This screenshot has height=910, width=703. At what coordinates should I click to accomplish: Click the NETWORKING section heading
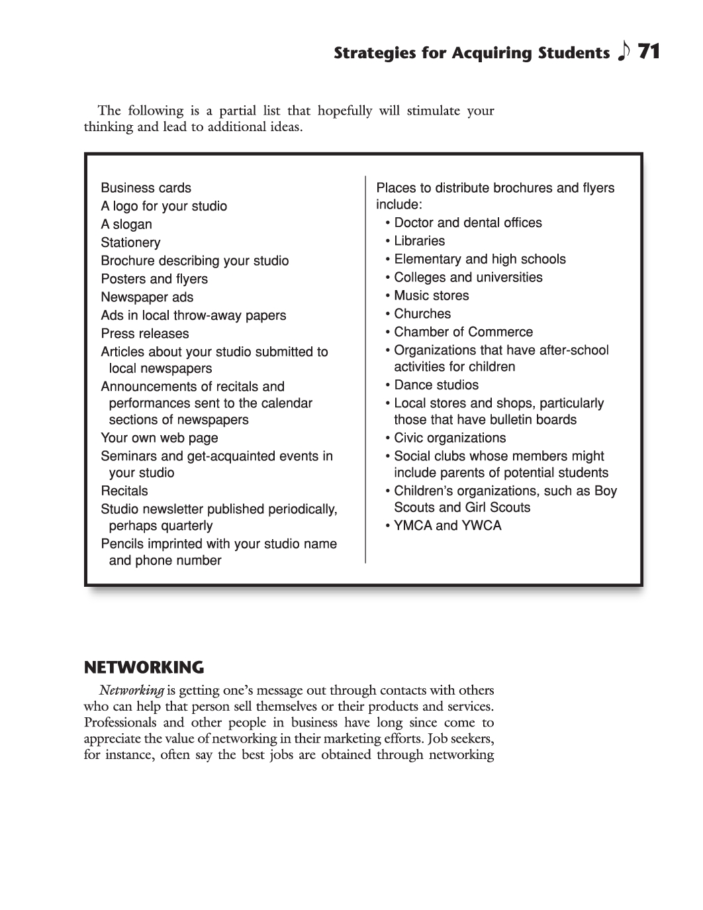pos(144,666)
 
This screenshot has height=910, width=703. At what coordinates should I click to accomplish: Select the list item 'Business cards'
pos(146,188)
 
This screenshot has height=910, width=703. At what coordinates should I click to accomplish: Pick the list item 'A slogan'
pos(126,225)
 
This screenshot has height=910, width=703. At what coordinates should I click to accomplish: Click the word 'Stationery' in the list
pos(130,242)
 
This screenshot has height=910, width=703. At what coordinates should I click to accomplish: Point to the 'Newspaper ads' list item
pos(147,297)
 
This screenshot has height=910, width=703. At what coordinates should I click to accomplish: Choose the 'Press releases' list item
pos(145,334)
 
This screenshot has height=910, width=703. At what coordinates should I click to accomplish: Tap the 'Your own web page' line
pos(159,438)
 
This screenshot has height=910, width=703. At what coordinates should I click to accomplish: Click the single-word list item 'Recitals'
pos(124,491)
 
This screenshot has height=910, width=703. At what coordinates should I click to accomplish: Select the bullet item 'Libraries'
pos(419,241)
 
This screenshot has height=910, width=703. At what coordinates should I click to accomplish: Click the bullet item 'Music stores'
pos(431,295)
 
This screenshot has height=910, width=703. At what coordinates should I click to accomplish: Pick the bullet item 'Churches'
pos(422,314)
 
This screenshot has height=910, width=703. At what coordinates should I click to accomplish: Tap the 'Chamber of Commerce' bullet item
pos(463,332)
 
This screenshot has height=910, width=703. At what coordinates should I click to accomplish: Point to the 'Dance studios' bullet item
pos(436,385)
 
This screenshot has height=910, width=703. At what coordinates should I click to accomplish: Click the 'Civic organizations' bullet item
pos(449,438)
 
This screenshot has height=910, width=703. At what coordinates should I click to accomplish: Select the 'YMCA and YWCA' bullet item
pos(447,526)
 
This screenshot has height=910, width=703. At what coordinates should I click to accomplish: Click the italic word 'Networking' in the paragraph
pos(132,691)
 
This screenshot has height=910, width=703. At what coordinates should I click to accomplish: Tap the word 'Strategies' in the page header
pos(374,53)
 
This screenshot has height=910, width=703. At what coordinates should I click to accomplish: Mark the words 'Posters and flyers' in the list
pos(154,279)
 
